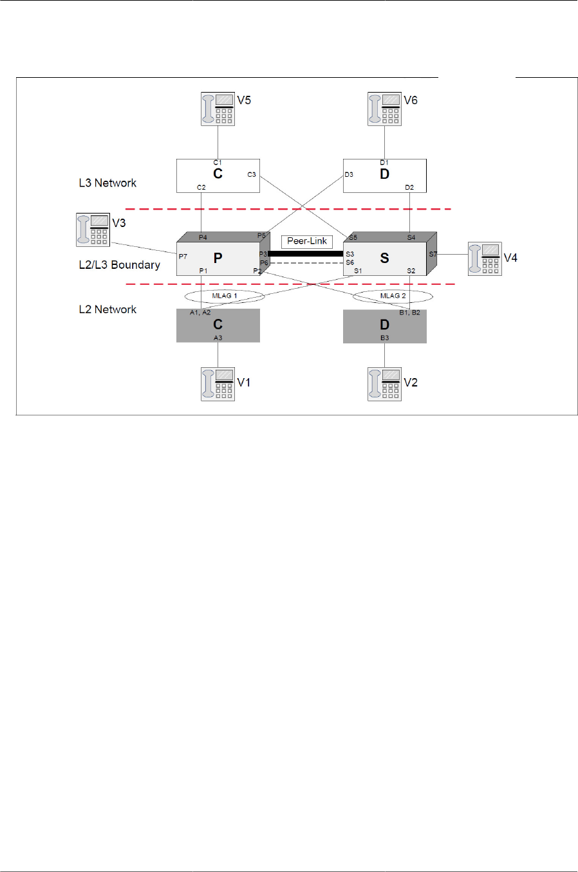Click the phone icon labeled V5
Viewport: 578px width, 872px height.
(218, 109)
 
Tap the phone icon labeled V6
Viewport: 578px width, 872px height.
(384, 109)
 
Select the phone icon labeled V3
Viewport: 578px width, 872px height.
(93, 230)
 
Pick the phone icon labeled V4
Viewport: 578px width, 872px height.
(485, 259)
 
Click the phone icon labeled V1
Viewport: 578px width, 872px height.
(218, 384)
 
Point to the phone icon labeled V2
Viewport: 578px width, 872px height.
(384, 384)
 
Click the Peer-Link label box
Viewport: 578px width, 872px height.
(307, 241)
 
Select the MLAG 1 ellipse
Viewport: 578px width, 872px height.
(225, 296)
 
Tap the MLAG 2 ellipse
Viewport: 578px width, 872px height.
(393, 296)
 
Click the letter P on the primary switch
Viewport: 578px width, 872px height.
(218, 258)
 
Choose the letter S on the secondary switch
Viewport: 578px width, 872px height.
(384, 258)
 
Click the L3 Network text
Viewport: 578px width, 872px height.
(107, 183)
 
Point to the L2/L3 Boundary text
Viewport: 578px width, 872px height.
(119, 264)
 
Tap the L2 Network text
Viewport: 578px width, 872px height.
(107, 309)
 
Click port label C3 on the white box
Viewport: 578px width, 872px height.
(252, 174)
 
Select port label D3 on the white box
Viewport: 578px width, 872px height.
(349, 174)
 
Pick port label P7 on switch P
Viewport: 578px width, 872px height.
(183, 257)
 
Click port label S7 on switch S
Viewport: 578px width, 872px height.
(433, 254)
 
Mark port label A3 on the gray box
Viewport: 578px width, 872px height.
(218, 338)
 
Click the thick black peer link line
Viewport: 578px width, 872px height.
(306, 253)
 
